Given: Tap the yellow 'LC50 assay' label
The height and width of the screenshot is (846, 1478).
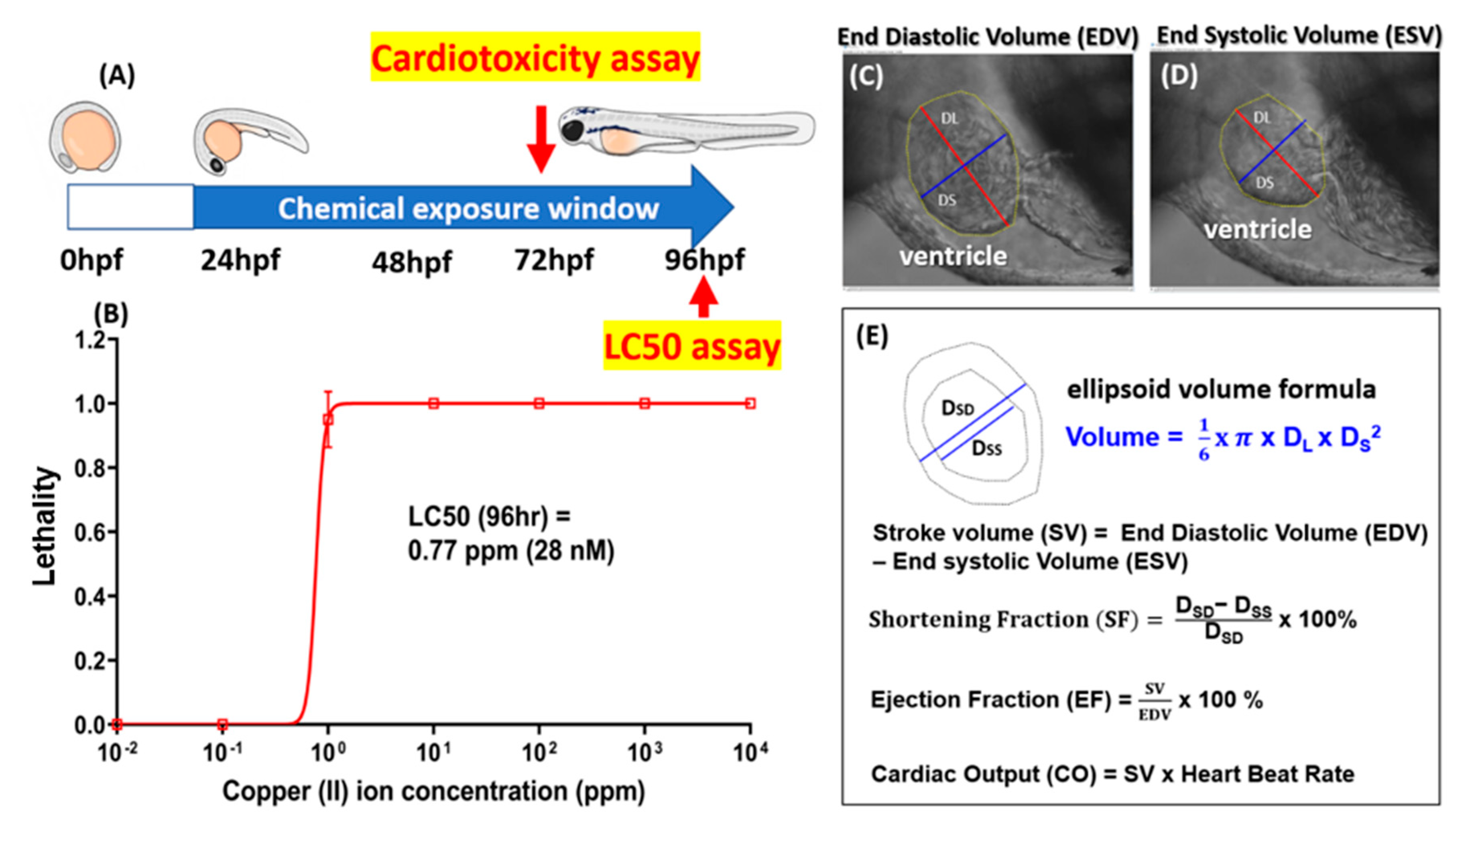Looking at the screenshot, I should pos(691,346).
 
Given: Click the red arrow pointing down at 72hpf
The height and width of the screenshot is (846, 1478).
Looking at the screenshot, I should pos(541,138).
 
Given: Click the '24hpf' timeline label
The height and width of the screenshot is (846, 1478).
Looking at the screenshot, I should pos(240,260).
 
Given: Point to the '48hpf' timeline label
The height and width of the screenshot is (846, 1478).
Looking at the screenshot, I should pos(411,262).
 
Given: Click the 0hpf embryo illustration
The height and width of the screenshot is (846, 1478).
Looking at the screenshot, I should pos(85,138).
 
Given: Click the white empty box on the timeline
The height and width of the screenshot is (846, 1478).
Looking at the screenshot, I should pos(130,207).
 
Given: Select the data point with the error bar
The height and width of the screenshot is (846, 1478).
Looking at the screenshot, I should pos(328,419).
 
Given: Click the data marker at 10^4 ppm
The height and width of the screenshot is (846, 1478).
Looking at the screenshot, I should pos(750,403).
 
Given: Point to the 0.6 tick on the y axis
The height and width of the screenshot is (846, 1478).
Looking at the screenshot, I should pos(91,532).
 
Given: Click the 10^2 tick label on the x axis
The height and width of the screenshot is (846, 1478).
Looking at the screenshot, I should pos(539,752).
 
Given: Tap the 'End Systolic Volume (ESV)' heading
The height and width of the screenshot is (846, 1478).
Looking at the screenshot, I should pos(1299,35).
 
